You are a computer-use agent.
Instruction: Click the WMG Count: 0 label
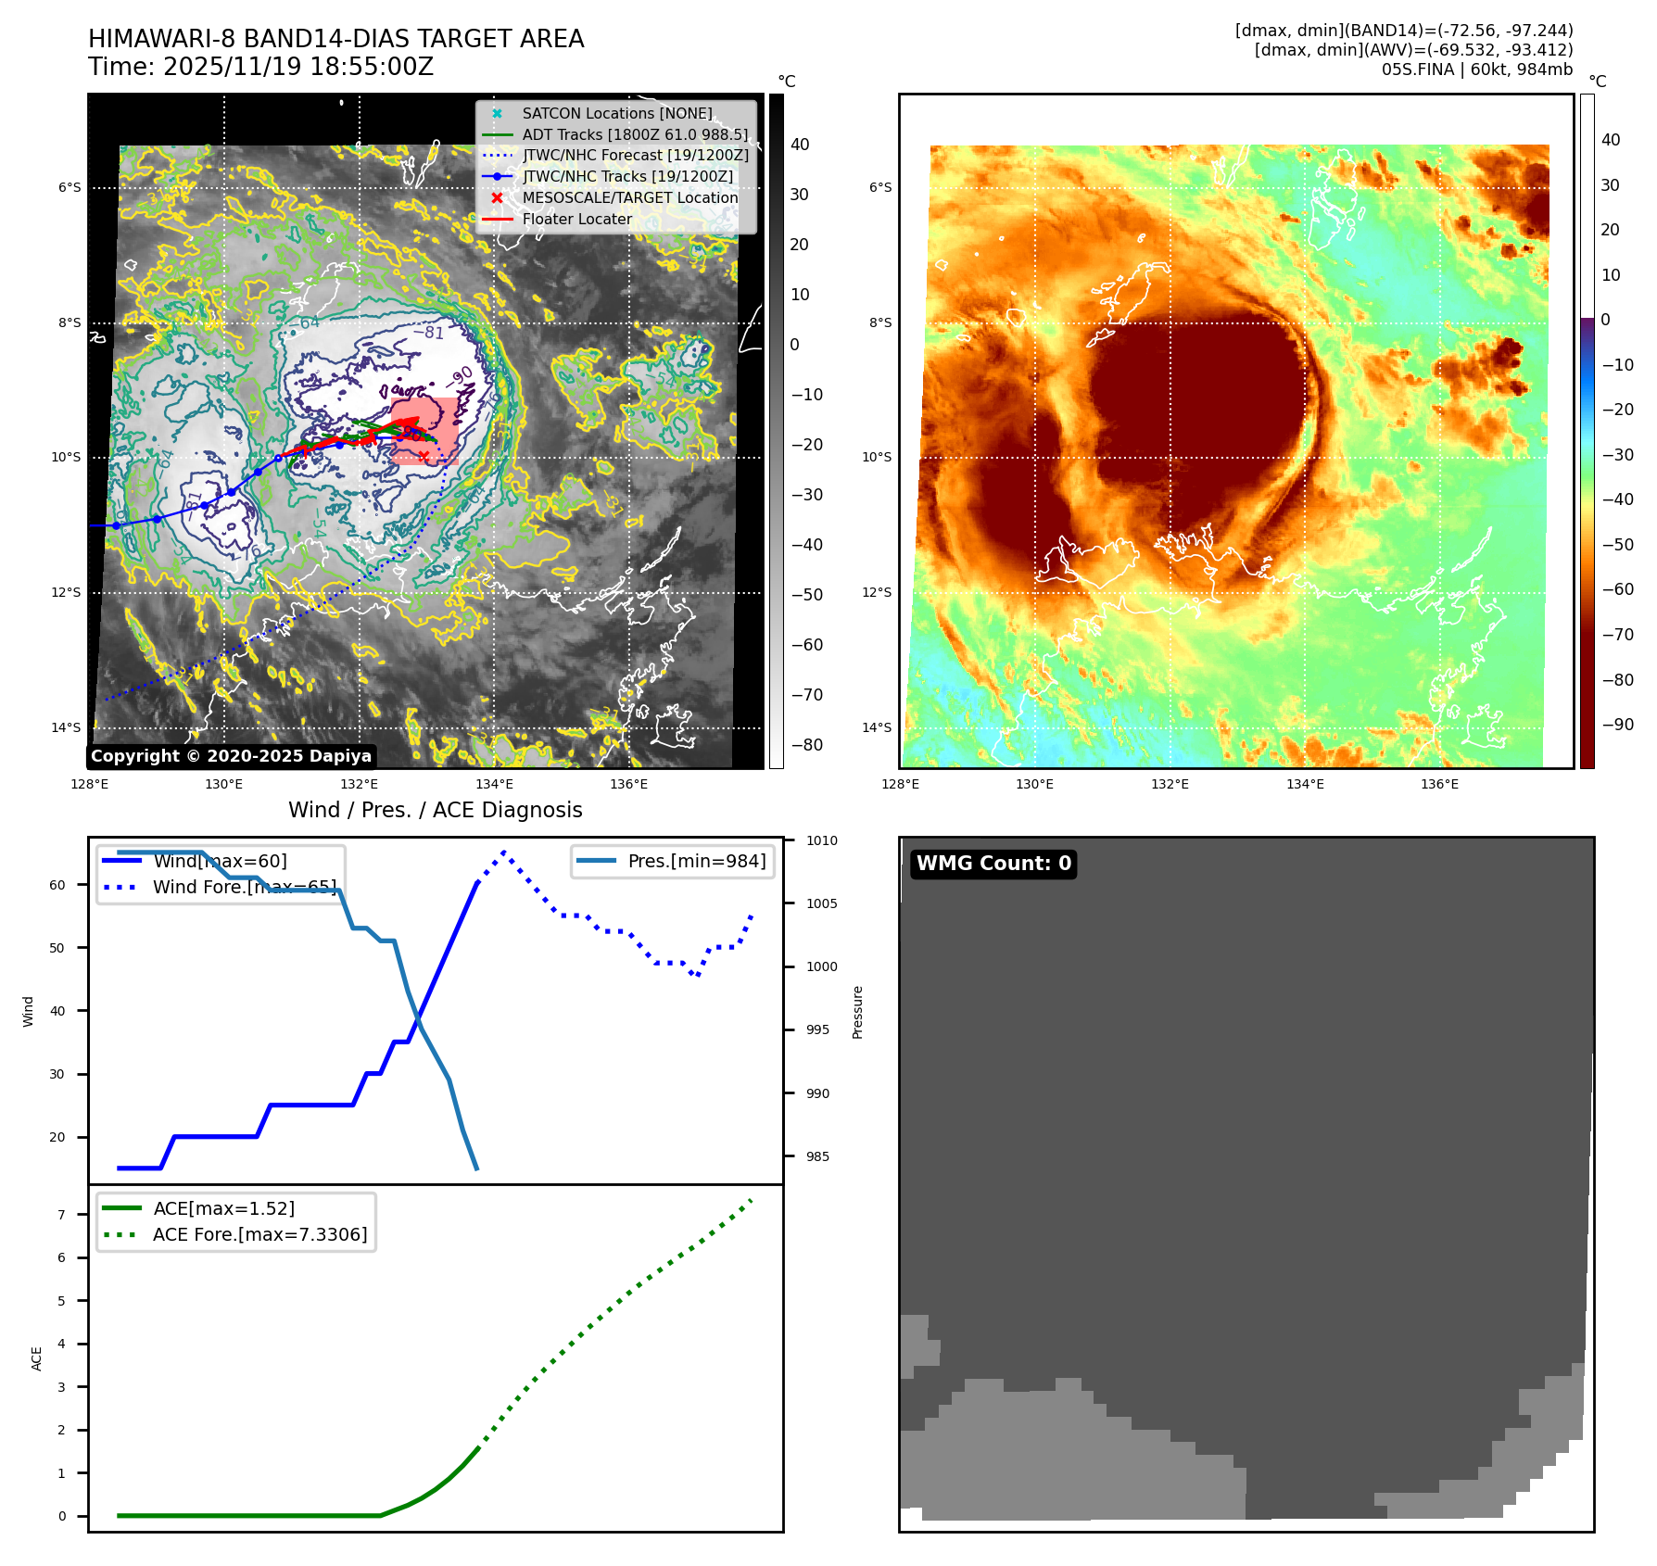coord(993,864)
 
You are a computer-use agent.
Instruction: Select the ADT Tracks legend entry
coord(634,134)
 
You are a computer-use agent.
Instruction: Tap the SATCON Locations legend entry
coord(616,113)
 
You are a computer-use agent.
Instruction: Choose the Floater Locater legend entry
coord(576,219)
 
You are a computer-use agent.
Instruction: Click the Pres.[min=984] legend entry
coord(696,861)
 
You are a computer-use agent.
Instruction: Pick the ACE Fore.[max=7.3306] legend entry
coord(259,1234)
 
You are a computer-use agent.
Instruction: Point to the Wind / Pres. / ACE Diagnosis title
coord(436,810)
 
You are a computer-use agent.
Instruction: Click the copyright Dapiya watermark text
coord(231,756)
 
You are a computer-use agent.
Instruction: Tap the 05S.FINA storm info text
coord(1476,69)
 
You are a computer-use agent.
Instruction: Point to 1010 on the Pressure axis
coord(821,840)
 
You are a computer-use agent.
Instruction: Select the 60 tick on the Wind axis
coord(57,885)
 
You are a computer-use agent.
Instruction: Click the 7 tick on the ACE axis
coord(62,1215)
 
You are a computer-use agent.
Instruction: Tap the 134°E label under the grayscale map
coord(494,784)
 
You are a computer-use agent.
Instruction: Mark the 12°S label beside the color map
coord(877,592)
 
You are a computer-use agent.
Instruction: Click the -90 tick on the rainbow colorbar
coord(1617,725)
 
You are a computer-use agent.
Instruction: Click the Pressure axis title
coord(857,1012)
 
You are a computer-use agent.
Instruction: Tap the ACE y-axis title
coord(37,1358)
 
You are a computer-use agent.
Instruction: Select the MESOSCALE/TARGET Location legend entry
coord(629,197)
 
